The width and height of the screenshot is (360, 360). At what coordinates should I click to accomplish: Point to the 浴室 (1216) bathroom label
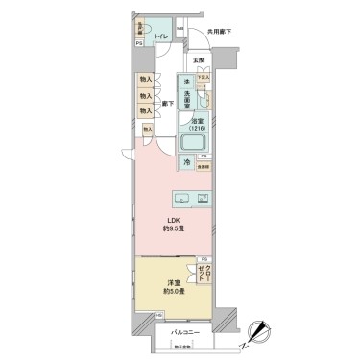click(198, 124)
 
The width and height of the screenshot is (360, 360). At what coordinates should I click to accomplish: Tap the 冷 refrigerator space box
click(187, 164)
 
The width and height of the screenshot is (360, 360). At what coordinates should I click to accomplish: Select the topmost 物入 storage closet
click(145, 82)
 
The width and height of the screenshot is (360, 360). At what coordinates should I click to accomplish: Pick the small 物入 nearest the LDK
click(148, 127)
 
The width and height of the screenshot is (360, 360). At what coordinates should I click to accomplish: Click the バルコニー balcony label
click(184, 331)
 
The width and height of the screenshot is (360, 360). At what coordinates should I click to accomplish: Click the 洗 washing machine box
click(186, 82)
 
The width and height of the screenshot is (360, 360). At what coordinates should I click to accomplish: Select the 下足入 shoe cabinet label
click(204, 76)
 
